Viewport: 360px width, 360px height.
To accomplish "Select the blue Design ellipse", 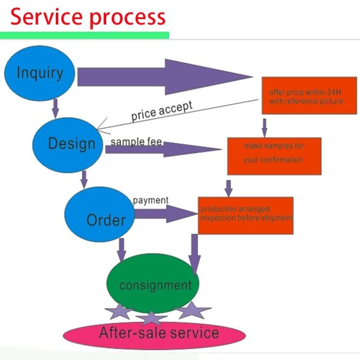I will click(x=71, y=143).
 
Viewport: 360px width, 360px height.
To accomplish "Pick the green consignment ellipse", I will click(x=153, y=284).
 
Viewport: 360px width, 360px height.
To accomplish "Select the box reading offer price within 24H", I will click(x=306, y=97).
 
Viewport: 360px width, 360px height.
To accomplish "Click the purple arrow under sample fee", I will click(x=162, y=150).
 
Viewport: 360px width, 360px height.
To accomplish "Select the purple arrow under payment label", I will click(x=165, y=213).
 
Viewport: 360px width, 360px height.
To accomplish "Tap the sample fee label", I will click(x=136, y=143).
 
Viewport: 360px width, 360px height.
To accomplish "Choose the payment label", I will click(x=151, y=200).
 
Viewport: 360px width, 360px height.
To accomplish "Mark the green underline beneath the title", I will click(x=84, y=35).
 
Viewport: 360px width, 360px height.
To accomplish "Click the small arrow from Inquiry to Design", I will click(x=56, y=107).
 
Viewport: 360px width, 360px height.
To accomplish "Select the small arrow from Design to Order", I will click(x=85, y=178).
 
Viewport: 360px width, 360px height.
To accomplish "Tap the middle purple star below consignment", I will click(x=153, y=317).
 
